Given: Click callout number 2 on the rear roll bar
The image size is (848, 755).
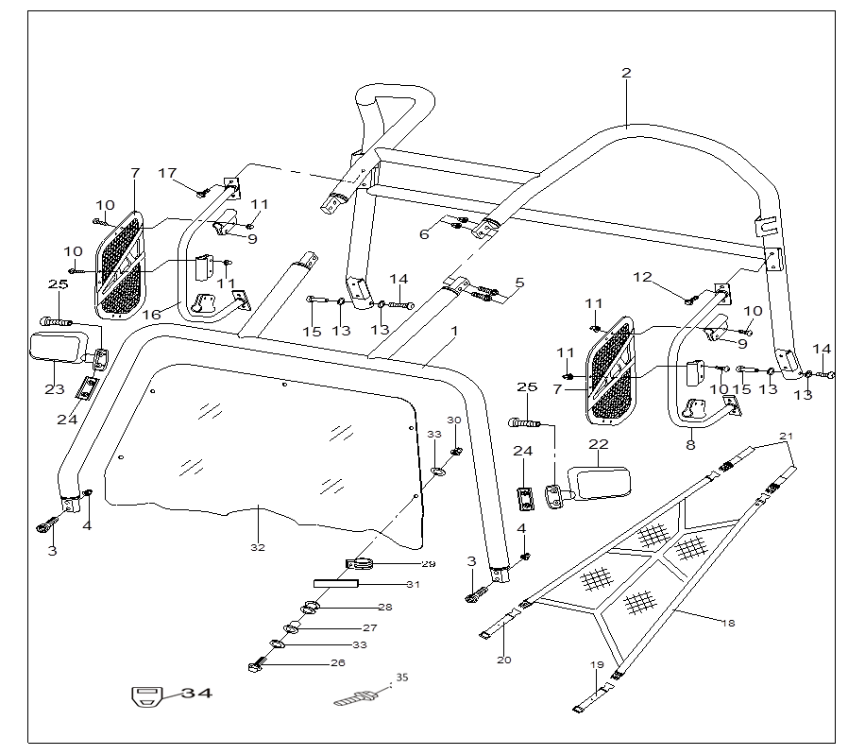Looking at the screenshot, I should (x=626, y=73).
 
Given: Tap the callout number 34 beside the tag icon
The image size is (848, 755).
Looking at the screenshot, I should (x=196, y=694).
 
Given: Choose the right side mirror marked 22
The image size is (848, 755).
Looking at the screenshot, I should (x=601, y=483).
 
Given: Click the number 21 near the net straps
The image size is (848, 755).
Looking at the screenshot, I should (x=786, y=436).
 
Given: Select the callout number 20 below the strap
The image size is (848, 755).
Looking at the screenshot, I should (x=503, y=660).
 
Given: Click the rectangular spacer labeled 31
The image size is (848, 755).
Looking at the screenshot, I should (x=336, y=585).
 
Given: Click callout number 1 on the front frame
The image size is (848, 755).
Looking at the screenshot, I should (x=454, y=332).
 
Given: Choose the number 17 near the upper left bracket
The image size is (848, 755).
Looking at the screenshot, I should (x=167, y=173).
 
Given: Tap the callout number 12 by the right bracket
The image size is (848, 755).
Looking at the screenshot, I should (x=642, y=277).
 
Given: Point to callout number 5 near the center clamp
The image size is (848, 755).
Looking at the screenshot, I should (x=519, y=283).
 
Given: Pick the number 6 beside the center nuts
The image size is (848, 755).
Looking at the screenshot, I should (x=425, y=234).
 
